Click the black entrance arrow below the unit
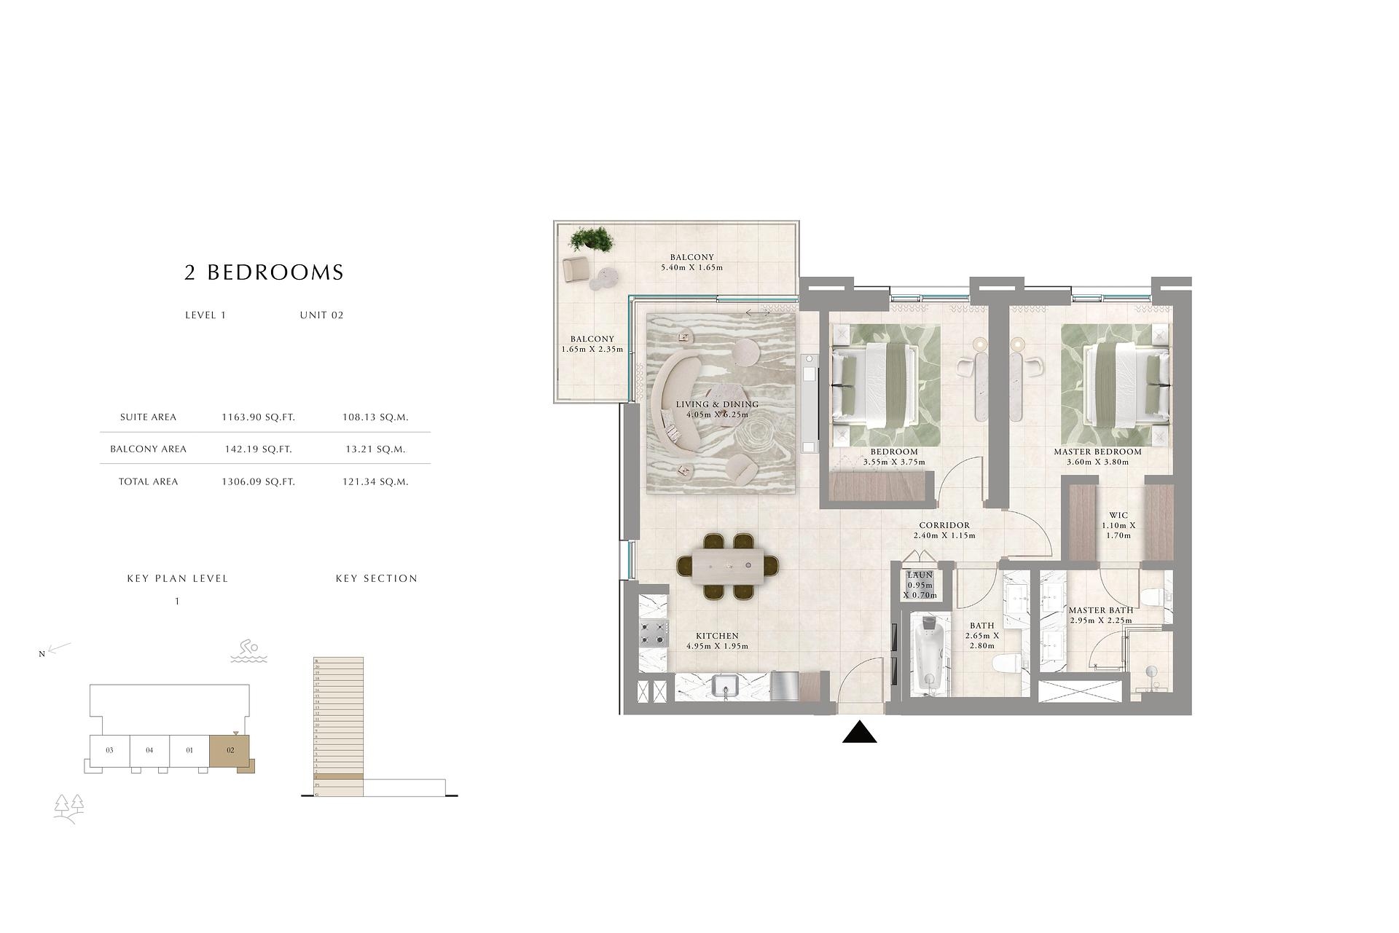859,733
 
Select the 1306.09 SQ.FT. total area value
258,481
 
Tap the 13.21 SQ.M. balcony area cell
375,449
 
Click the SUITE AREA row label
148,417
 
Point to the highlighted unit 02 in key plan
230,750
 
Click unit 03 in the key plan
109,750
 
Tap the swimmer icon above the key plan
249,651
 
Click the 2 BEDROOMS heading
264,272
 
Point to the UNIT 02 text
321,315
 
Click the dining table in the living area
728,567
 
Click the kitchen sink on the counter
726,686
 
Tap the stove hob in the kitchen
653,633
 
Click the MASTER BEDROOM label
1097,452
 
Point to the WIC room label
1118,516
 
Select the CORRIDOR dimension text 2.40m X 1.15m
944,535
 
